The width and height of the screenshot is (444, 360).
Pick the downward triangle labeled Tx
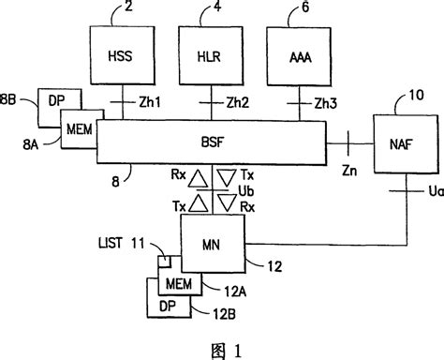pyautogui.click(x=227, y=175)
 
